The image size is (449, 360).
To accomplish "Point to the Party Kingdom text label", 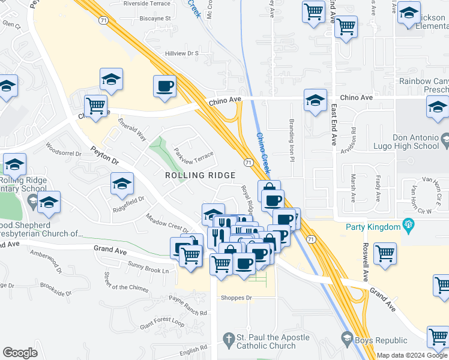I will (x=373, y=227).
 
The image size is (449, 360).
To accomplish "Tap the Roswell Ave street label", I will (x=365, y=262).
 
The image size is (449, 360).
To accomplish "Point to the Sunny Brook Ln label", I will (x=148, y=268).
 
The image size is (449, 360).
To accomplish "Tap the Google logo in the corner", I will (x=20, y=353).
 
